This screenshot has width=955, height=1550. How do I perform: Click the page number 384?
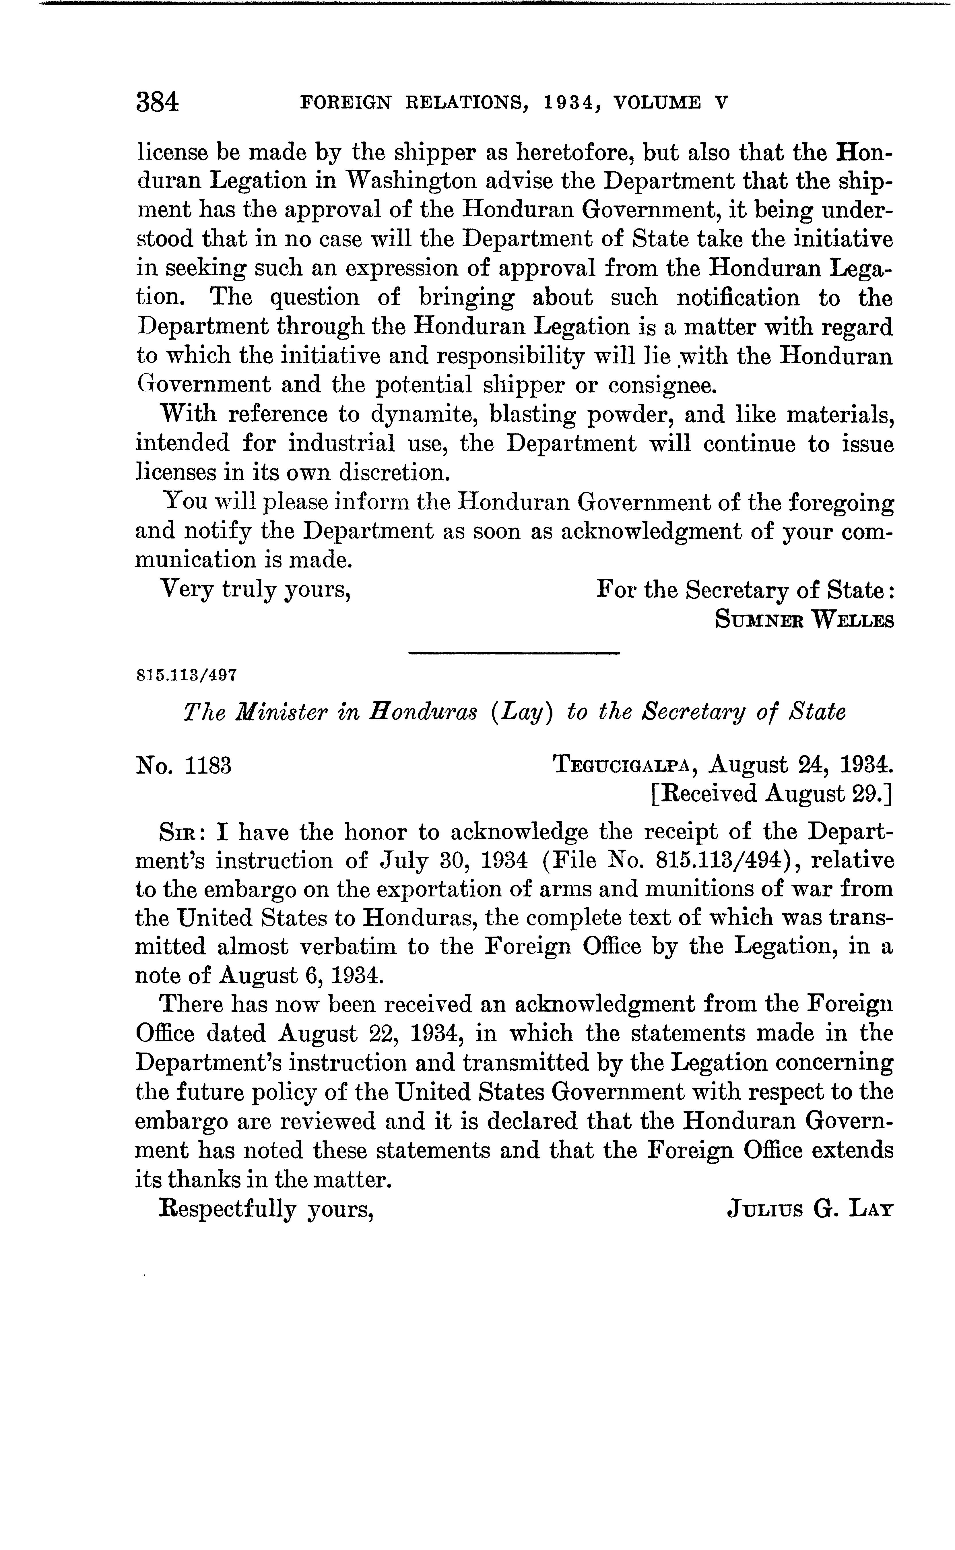(x=157, y=102)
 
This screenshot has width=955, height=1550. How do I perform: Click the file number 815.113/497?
(x=186, y=675)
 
